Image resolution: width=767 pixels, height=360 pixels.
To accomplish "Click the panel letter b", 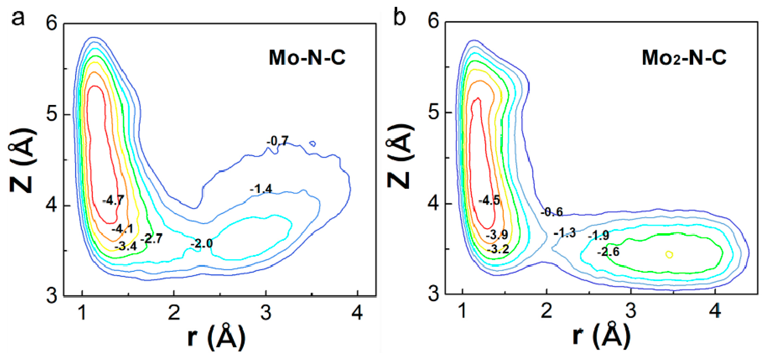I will click(399, 18).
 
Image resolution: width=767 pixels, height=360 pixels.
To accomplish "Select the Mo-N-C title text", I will click(307, 58).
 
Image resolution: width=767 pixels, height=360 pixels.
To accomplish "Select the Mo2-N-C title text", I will click(684, 58).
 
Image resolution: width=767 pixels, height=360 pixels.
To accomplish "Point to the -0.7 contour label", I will click(277, 141).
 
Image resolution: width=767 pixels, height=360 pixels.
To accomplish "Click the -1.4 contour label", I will click(261, 189).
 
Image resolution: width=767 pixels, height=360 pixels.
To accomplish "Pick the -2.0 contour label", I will click(201, 244).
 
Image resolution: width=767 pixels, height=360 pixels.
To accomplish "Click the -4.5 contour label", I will click(489, 200).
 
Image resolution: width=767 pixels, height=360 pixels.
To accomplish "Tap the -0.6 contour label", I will click(552, 212).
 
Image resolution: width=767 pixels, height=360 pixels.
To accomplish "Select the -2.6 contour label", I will click(608, 252).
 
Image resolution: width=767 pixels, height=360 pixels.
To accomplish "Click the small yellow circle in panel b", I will click(669, 254).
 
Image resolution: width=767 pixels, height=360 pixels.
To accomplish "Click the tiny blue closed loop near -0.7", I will click(312, 144).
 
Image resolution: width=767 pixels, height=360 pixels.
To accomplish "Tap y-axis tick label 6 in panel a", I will click(51, 23).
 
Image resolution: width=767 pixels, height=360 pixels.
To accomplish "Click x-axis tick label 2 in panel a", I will click(174, 312).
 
